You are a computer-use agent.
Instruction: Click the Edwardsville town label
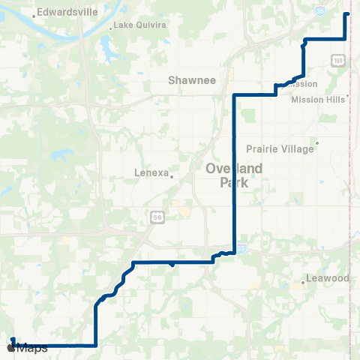pos(64,12)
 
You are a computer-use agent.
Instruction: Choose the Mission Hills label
pos(319,99)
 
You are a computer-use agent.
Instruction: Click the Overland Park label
pos(234,175)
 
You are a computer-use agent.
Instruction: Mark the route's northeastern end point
pos(346,14)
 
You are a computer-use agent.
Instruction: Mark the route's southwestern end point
pos(13,340)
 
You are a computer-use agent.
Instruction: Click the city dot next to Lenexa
pos(172,177)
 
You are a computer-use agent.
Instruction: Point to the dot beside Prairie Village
pos(317,142)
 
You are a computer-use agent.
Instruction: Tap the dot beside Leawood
pos(303,282)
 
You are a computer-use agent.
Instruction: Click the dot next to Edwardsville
pos(34,15)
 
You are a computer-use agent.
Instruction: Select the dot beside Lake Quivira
pos(111,28)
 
